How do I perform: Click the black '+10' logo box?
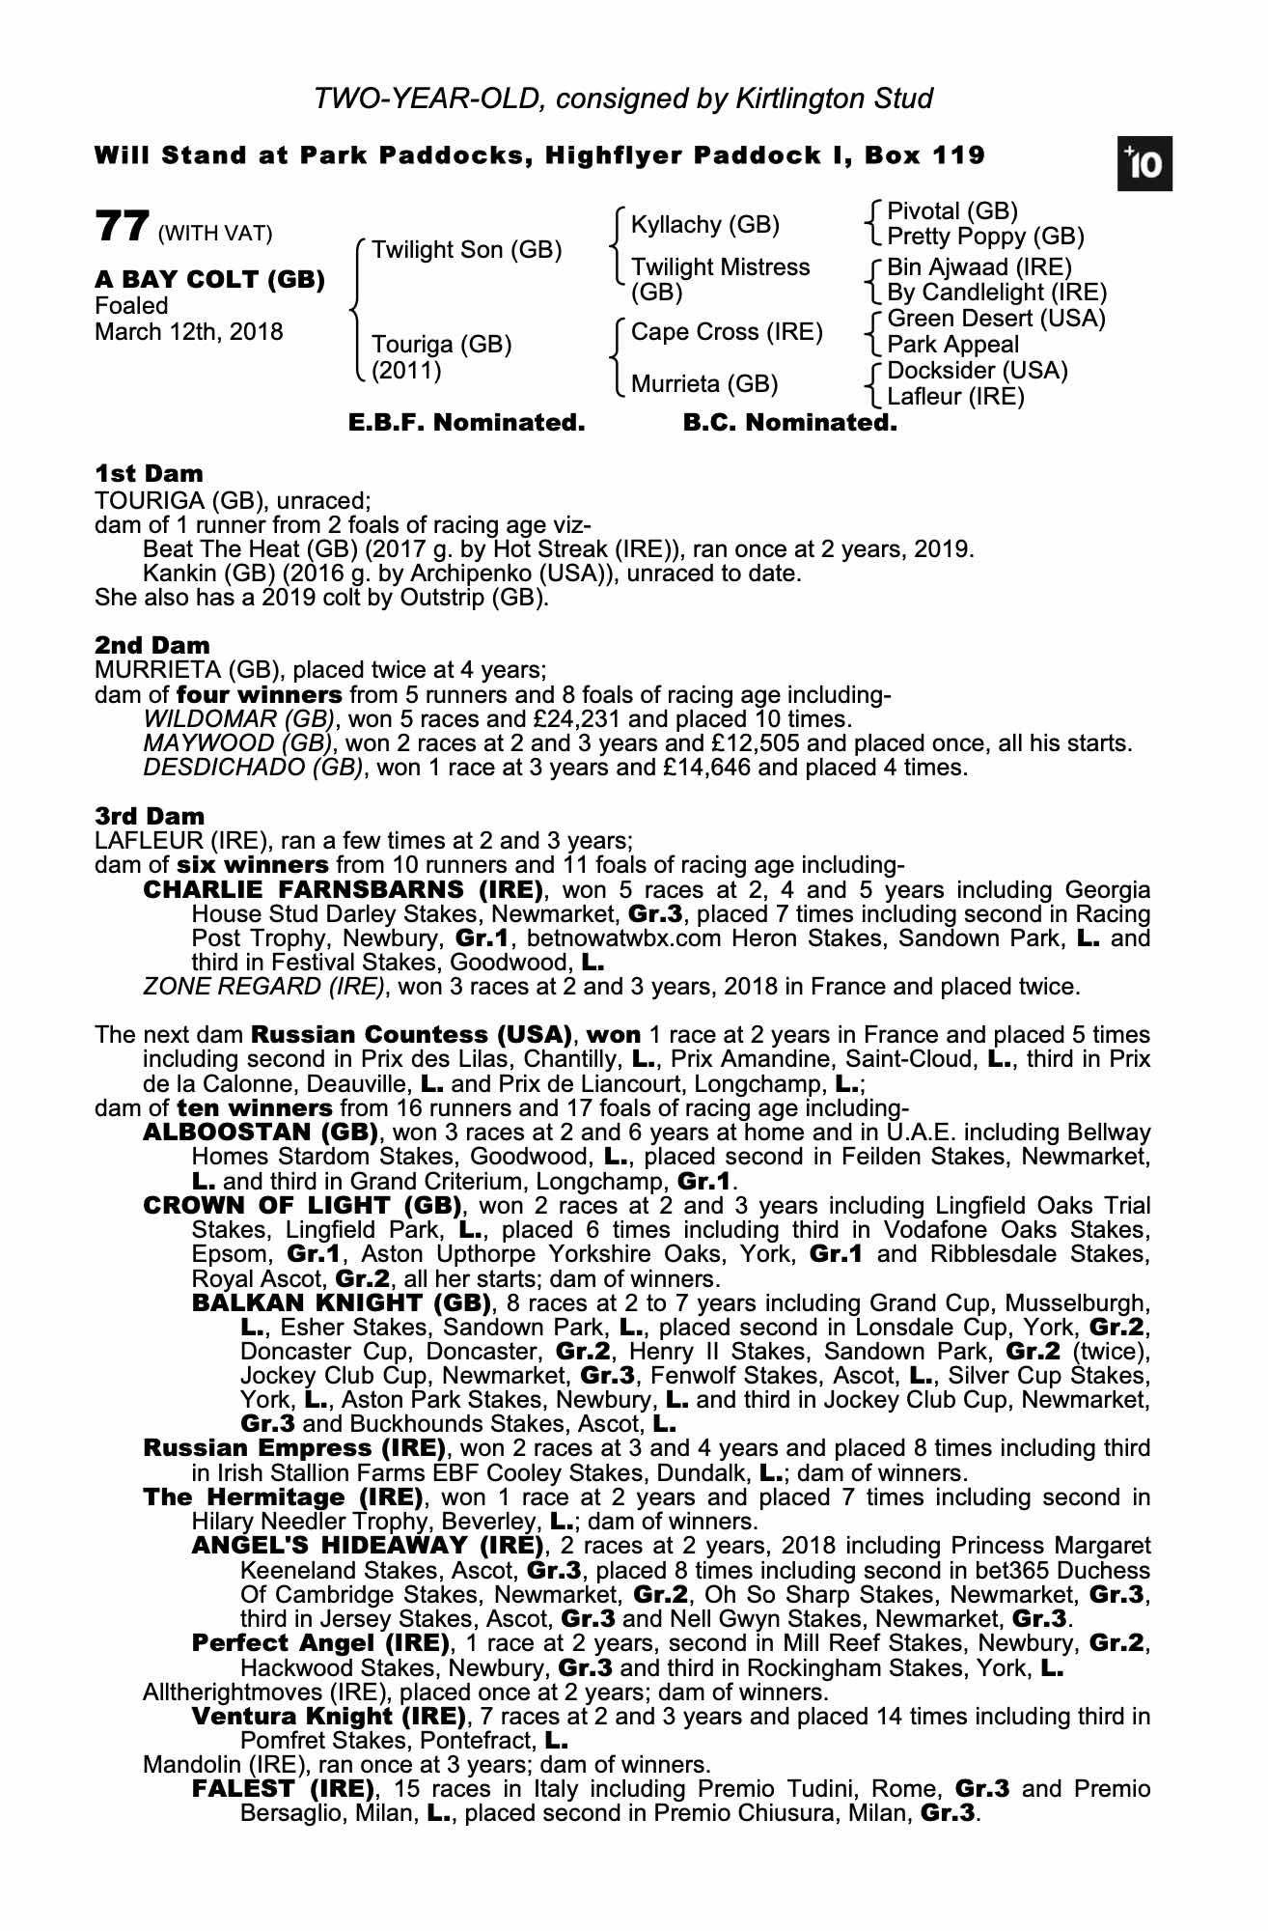[x=1144, y=166]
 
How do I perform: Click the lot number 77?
[x=121, y=228]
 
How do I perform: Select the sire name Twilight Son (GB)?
[x=467, y=250]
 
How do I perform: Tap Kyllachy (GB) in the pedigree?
[x=704, y=225]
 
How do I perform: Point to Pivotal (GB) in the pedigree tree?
[x=952, y=211]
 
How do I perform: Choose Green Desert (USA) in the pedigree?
[x=996, y=319]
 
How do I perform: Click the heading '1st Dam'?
[x=150, y=473]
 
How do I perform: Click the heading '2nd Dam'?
[x=152, y=644]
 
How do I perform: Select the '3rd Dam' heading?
[x=150, y=816]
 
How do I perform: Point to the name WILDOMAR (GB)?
[x=240, y=719]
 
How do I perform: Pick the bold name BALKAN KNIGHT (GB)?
[x=342, y=1303]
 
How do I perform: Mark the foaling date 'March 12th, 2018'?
[x=189, y=332]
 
